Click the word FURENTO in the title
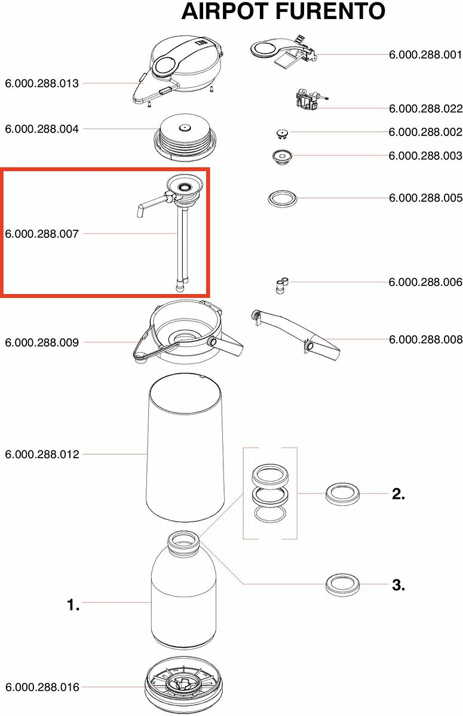330,11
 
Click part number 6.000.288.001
425,55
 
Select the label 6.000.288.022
425,109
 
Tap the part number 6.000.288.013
42,84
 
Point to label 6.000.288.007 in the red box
42,234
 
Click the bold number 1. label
73,605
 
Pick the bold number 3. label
398,585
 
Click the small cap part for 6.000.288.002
282,134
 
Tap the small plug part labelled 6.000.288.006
281,285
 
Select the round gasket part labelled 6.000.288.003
282,157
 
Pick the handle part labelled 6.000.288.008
296,334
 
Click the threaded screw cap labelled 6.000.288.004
185,137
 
